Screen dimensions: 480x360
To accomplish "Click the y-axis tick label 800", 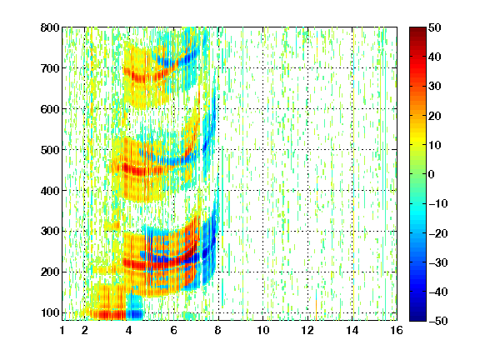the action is (x=50, y=27).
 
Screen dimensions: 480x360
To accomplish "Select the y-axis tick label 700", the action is (x=50, y=68).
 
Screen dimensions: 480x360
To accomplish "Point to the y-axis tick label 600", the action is (x=50, y=109).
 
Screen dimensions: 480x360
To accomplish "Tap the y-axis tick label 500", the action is (x=50, y=150).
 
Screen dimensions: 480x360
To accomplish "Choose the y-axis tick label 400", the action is (x=50, y=191).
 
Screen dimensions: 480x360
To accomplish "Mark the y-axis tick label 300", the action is (x=50, y=231).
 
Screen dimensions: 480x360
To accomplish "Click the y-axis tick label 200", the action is (x=50, y=272).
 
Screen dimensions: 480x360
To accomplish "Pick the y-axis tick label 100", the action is (x=50, y=312).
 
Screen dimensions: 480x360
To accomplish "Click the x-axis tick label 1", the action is (x=62, y=330).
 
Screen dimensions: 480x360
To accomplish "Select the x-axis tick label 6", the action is (x=173, y=330).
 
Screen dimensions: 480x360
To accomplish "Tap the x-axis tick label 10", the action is (x=263, y=330).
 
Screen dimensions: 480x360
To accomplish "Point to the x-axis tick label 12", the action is (x=307, y=330).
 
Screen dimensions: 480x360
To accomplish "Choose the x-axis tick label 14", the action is (x=352, y=330).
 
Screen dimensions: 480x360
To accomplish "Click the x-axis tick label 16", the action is (x=397, y=330).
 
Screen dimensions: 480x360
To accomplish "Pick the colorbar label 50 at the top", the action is (x=434, y=27).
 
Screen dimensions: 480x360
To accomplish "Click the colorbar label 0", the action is (x=432, y=174).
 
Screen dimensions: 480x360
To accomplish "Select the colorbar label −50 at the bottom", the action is (x=438, y=321).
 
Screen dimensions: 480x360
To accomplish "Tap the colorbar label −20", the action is (x=438, y=233).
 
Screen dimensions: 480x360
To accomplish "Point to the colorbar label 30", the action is (x=434, y=86).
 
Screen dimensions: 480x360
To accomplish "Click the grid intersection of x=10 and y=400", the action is (x=263, y=190).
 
